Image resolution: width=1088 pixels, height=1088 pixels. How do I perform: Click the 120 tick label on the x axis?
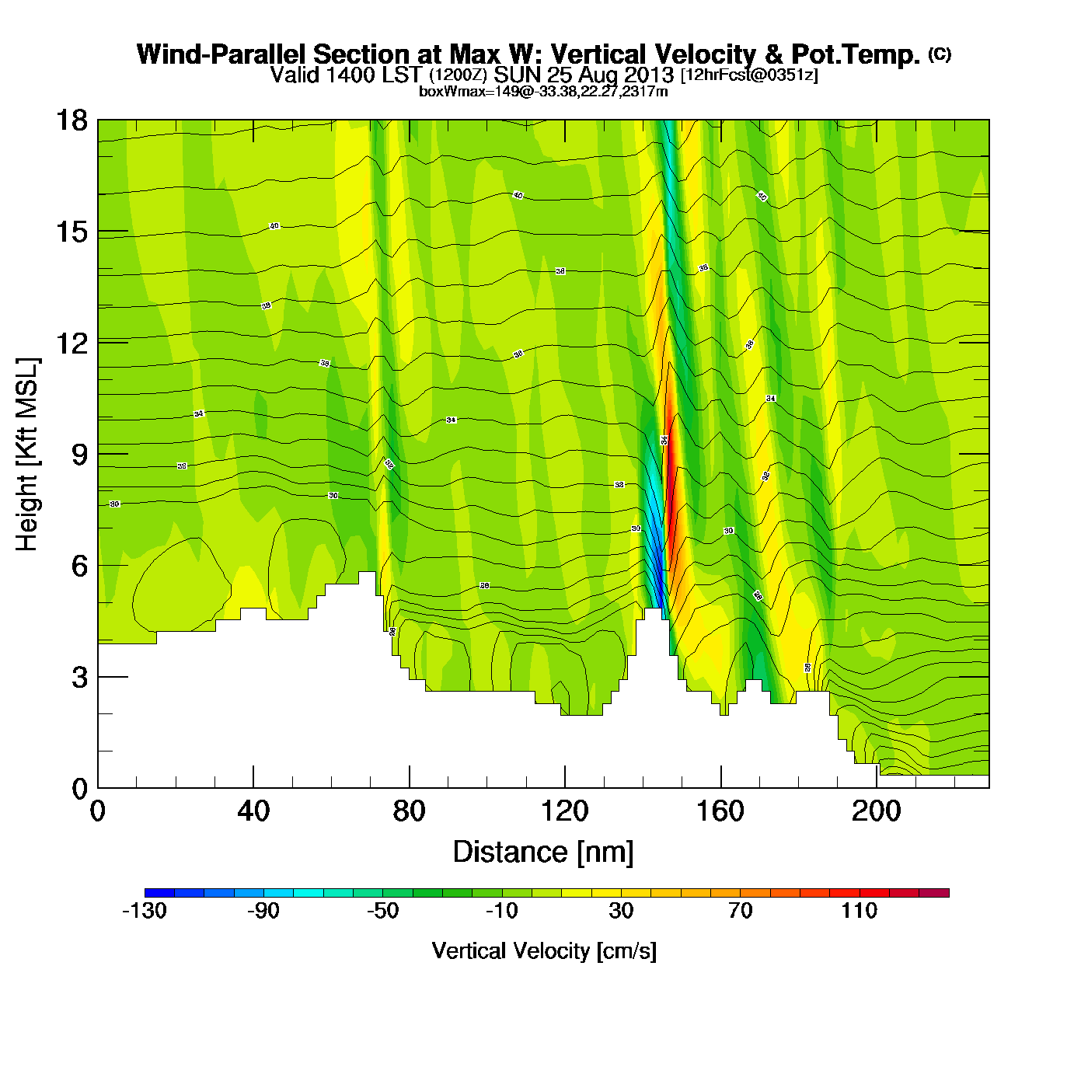pos(565,811)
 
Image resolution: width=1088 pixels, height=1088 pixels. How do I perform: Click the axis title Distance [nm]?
pos(543,853)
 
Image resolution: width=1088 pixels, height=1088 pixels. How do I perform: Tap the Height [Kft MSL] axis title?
pos(27,455)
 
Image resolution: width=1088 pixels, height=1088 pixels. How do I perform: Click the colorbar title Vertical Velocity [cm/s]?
pos(544,951)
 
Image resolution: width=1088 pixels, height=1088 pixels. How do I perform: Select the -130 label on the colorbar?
pos(145,911)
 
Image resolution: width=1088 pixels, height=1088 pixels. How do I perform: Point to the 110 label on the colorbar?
pos(859,911)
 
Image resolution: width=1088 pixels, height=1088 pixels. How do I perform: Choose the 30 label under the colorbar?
pos(621,911)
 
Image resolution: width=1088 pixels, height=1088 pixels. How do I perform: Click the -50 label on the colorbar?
pos(382,911)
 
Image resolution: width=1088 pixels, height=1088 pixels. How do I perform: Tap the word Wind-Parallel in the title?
pos(222,54)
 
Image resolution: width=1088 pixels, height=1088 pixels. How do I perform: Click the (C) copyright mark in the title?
pos(940,54)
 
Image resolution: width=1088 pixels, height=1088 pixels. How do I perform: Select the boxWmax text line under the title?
pos(543,92)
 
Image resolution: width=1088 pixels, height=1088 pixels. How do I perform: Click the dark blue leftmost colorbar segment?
pos(159,893)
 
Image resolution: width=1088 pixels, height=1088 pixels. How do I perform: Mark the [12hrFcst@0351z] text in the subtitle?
pos(749,75)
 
